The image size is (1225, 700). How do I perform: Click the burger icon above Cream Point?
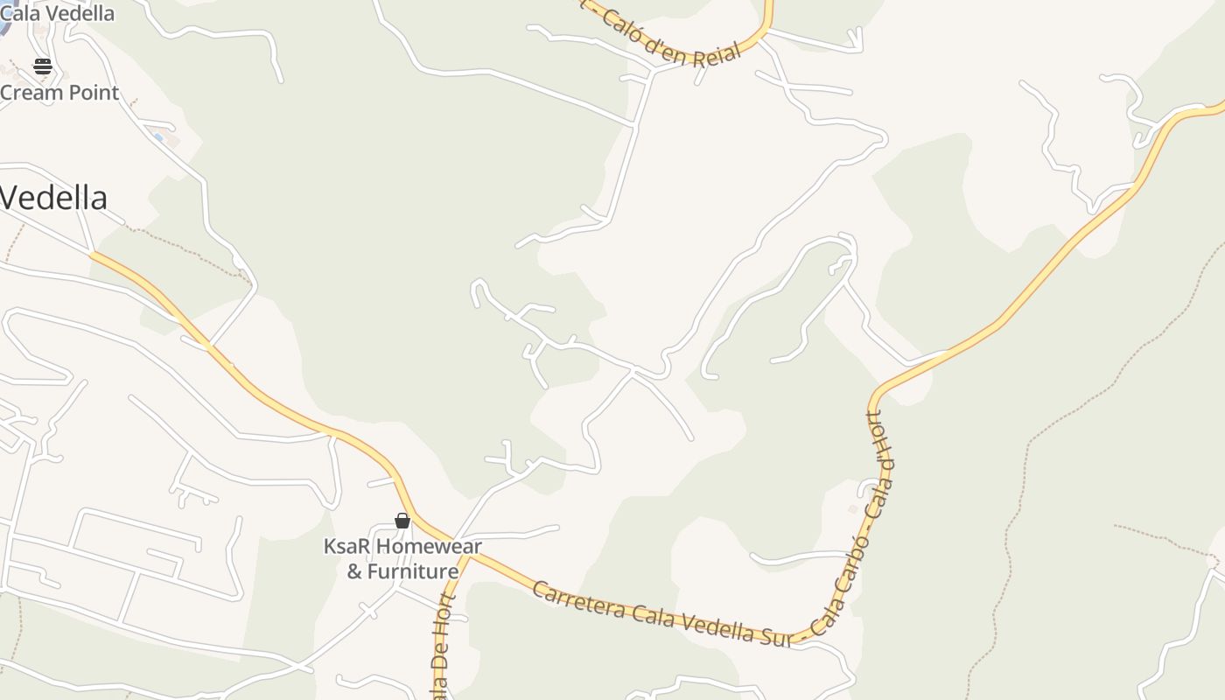[x=42, y=66]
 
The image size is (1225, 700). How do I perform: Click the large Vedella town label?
[x=53, y=198]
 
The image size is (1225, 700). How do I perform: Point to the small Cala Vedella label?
[x=58, y=13]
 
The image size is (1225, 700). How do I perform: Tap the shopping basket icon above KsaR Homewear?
[x=402, y=521]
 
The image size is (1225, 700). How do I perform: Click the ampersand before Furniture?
[x=354, y=571]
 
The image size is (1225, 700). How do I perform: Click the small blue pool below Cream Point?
[x=157, y=137]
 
